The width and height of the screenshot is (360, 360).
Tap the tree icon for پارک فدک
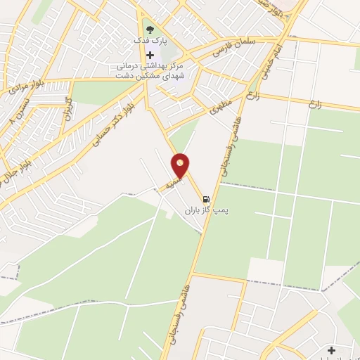click(149, 30)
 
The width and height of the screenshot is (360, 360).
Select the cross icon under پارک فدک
click(150, 55)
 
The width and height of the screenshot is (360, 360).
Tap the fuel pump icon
click(207, 198)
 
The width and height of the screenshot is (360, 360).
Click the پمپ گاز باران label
click(207, 210)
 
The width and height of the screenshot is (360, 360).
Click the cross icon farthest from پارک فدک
click(331, 349)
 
